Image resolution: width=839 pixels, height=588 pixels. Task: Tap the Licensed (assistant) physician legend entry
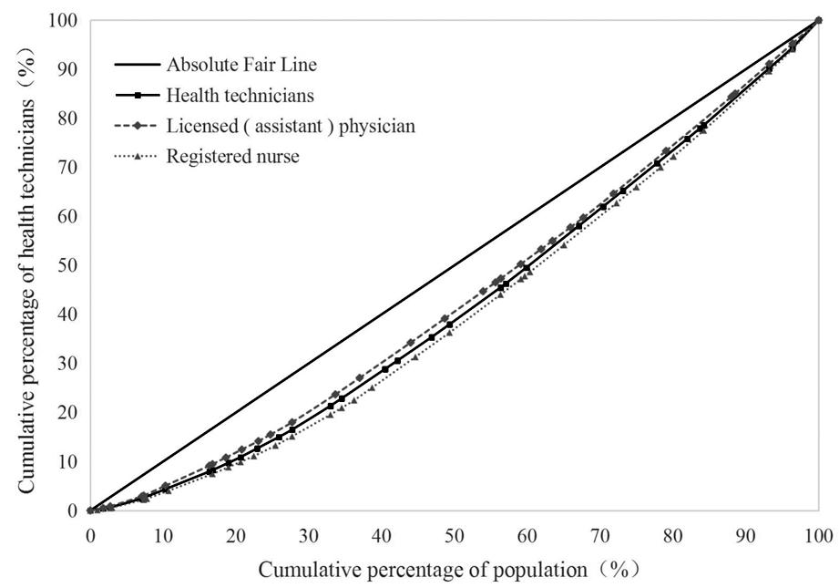pyautogui.click(x=291, y=126)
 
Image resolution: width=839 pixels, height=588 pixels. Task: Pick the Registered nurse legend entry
pyautogui.click(x=232, y=156)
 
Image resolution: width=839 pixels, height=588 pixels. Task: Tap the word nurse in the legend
pyautogui.click(x=278, y=156)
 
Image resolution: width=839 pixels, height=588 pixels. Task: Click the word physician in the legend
pyautogui.click(x=377, y=126)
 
